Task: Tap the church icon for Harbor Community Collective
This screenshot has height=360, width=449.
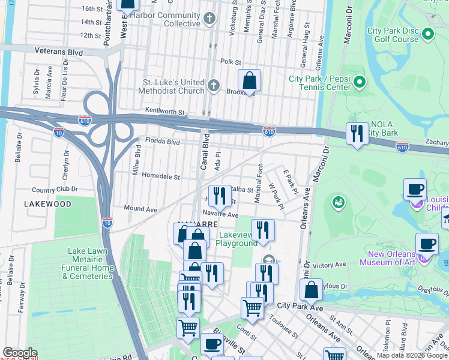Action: point(209,19)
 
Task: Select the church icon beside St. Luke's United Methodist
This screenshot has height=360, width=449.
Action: point(214,86)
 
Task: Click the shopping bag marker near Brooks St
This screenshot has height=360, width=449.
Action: point(249,82)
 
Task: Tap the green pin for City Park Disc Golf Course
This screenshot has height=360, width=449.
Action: point(427,34)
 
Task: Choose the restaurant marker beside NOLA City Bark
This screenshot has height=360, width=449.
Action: point(358,134)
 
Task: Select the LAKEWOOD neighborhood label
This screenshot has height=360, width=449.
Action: point(47,204)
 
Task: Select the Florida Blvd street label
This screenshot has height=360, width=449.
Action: point(163,142)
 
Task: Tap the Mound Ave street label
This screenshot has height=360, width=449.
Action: point(140,209)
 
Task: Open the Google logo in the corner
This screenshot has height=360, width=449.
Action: point(20,353)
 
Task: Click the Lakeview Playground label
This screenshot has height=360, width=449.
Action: point(238,239)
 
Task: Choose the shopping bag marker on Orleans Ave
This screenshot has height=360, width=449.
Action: point(311,291)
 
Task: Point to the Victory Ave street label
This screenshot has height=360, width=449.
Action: point(330,265)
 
